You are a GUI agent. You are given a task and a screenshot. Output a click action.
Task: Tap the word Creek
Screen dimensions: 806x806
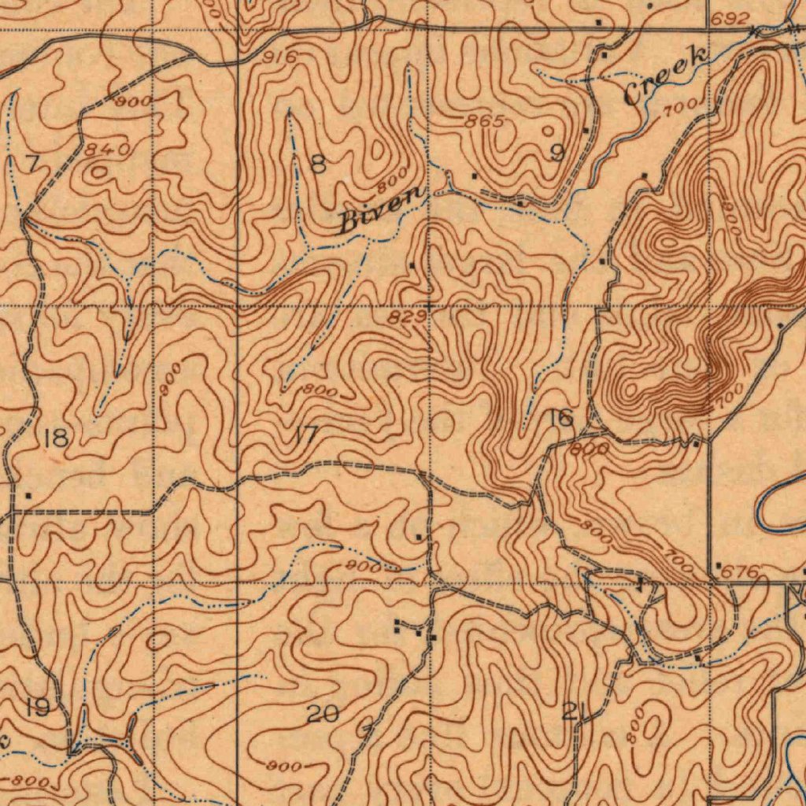click(x=665, y=76)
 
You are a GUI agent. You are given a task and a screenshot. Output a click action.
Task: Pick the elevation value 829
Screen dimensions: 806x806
click(x=408, y=316)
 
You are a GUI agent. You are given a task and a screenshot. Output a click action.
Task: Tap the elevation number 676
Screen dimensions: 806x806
click(x=741, y=572)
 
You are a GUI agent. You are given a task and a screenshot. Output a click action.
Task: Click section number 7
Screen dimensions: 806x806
click(x=31, y=164)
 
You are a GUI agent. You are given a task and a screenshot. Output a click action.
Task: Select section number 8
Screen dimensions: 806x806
click(x=318, y=164)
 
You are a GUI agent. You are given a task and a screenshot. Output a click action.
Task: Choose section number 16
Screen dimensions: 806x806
click(x=561, y=418)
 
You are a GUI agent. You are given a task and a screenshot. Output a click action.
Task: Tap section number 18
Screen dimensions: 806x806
click(x=56, y=438)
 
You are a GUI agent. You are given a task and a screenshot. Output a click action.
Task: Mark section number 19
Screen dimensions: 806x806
click(x=37, y=708)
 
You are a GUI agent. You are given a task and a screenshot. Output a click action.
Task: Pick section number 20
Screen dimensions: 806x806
click(x=323, y=714)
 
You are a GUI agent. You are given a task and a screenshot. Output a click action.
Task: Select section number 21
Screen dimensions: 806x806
click(x=574, y=714)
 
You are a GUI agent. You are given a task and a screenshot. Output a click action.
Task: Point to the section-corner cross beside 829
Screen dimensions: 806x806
click(x=429, y=305)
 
